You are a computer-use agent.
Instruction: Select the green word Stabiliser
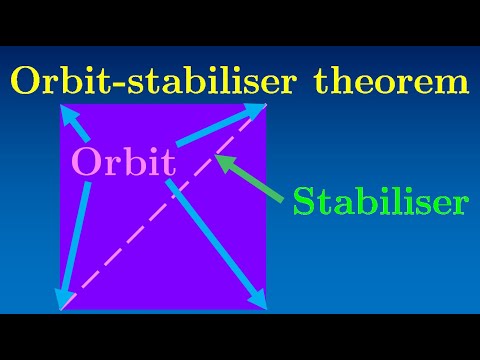click(x=380, y=202)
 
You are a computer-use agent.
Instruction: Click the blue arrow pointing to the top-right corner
click(x=225, y=126)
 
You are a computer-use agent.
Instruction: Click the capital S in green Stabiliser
click(x=305, y=202)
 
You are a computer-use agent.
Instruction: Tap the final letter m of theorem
click(x=453, y=83)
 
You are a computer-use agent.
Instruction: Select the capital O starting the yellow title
click(x=24, y=81)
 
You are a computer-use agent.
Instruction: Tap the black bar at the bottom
click(x=240, y=337)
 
